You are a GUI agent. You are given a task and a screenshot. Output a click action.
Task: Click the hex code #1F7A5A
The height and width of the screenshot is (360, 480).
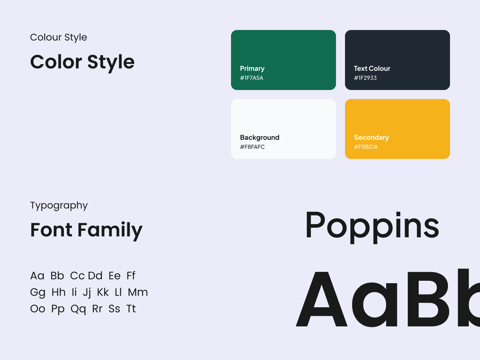(x=251, y=78)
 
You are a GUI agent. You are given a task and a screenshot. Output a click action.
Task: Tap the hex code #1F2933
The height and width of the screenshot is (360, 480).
(x=365, y=78)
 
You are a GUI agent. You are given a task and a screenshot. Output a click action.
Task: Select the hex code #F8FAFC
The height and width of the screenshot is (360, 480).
(x=252, y=147)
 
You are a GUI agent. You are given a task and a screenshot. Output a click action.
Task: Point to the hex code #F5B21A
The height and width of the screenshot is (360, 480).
(x=366, y=147)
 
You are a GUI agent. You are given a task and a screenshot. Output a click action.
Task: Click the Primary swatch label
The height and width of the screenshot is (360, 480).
(x=252, y=69)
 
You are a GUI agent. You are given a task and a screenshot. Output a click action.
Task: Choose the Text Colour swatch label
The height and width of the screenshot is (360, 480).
(x=372, y=68)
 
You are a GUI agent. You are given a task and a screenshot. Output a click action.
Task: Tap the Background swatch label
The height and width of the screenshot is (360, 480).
(x=259, y=137)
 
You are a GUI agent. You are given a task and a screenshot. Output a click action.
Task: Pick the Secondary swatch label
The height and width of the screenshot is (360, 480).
(x=371, y=137)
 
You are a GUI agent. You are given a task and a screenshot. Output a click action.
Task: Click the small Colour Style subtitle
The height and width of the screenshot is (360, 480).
(x=58, y=37)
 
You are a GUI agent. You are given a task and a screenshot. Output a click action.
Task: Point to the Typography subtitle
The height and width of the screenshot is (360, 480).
(x=59, y=206)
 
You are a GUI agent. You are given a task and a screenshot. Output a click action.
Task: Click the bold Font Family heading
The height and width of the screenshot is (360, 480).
(x=86, y=230)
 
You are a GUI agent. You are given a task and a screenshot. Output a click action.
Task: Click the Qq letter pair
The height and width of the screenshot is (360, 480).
(x=78, y=309)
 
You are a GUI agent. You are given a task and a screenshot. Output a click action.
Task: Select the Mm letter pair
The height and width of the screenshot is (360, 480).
(x=138, y=292)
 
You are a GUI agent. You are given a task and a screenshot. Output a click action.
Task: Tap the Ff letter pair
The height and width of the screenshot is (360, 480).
(x=131, y=275)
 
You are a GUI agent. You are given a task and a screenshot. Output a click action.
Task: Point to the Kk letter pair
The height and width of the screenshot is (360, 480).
(x=103, y=292)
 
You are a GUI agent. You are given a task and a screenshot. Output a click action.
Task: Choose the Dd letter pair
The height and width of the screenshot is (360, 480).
(x=95, y=275)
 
